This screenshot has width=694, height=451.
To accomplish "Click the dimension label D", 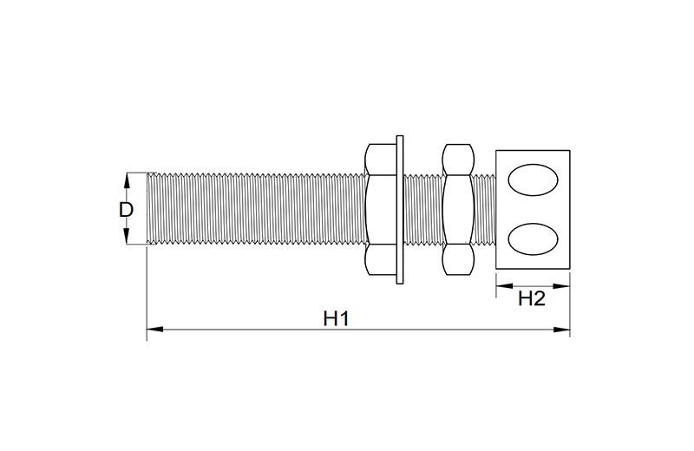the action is (x=126, y=209).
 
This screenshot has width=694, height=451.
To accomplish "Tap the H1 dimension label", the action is (x=336, y=318).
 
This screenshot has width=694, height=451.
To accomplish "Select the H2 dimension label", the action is (x=532, y=298).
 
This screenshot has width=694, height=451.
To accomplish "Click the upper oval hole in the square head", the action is (x=533, y=180).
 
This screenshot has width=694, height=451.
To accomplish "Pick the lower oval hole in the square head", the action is (x=533, y=239).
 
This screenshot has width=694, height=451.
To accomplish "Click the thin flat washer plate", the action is (x=400, y=209).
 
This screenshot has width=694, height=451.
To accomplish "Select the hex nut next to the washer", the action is (x=381, y=209).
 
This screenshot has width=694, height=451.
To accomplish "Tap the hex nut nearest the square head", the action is (x=459, y=209).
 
